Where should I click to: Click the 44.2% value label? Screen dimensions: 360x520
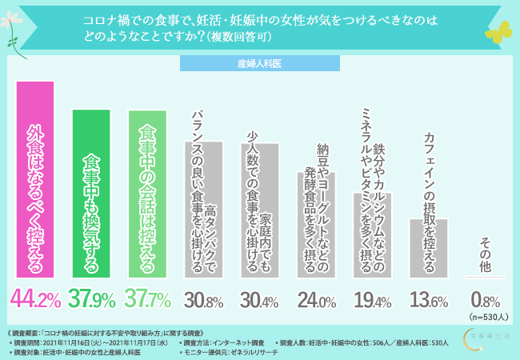tap(36, 300)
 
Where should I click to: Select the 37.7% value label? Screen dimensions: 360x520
tap(150, 300)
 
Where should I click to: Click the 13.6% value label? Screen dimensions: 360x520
tap(429, 302)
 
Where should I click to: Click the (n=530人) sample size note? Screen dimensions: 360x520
tap(486, 317)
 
